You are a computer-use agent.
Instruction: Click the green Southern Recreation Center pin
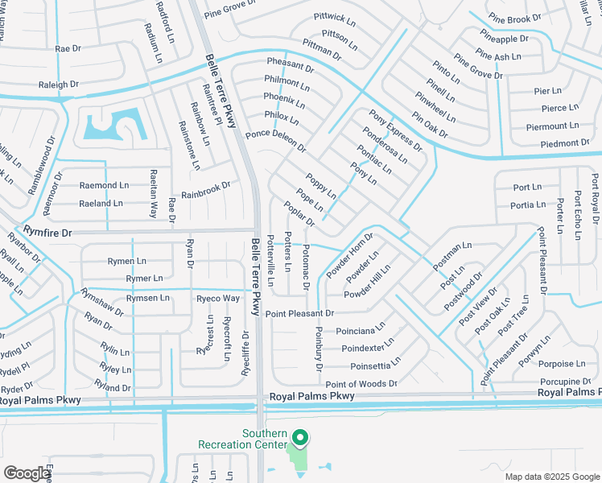click(300, 438)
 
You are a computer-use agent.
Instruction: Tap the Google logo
click(27, 473)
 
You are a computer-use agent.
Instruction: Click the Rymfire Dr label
click(47, 232)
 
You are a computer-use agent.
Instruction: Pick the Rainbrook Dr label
click(205, 190)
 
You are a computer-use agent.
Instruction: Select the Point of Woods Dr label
click(361, 384)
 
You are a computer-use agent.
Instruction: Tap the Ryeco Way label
click(218, 299)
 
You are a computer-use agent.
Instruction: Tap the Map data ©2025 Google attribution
click(551, 477)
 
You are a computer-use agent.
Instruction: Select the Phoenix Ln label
click(284, 101)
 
